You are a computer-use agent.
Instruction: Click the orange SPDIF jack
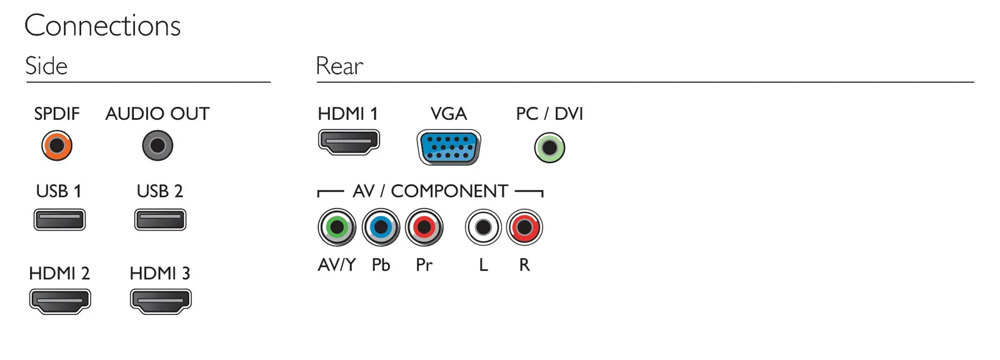click(x=57, y=146)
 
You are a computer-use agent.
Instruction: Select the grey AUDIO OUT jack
click(x=157, y=146)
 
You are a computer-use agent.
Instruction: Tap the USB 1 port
click(x=59, y=220)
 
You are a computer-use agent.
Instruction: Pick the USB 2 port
click(x=160, y=220)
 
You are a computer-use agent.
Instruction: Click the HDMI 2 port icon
click(x=60, y=301)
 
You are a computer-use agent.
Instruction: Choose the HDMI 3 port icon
click(x=161, y=301)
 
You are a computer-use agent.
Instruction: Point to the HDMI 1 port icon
click(x=349, y=142)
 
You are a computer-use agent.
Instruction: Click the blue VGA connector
click(x=449, y=147)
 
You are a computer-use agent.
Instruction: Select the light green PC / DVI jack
click(x=549, y=148)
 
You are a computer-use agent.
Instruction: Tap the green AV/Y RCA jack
click(x=337, y=227)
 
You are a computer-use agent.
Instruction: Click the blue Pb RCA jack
click(x=381, y=227)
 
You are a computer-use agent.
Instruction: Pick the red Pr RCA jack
click(x=424, y=227)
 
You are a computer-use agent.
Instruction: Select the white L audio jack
click(x=484, y=227)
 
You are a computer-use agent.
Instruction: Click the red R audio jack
click(x=524, y=227)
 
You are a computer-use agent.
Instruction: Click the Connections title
click(x=102, y=26)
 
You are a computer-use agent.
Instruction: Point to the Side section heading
click(x=46, y=66)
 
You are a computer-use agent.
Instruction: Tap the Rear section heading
click(x=340, y=66)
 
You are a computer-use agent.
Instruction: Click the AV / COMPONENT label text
click(x=431, y=191)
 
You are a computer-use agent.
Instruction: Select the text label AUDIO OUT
click(x=157, y=114)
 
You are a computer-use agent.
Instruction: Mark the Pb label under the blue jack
click(x=381, y=265)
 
